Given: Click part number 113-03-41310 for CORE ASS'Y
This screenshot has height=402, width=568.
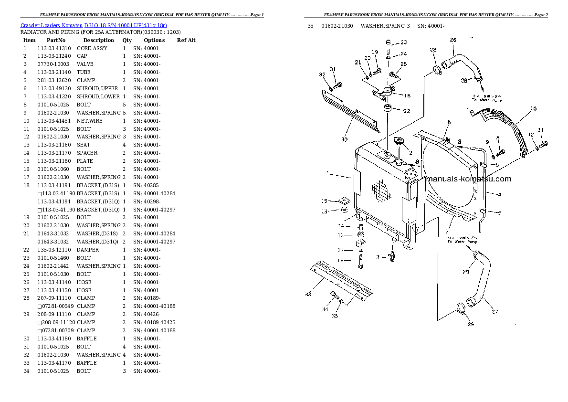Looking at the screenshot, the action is tap(54, 48).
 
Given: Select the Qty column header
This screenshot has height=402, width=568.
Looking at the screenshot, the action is tap(127, 40).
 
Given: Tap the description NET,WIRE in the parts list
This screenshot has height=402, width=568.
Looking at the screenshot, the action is tap(90, 121).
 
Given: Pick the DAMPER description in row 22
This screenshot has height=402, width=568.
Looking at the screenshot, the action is tap(88, 250).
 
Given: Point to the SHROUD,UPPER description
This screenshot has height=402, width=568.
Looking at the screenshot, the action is tap(97, 88).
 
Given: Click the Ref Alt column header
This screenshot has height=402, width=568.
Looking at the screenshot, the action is tap(186, 40).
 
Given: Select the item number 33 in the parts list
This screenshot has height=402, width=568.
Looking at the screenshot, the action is tap(26, 363).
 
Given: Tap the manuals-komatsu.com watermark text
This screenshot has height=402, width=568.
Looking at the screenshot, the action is tap(468, 179).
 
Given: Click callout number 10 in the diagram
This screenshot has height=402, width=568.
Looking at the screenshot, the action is tap(533, 109).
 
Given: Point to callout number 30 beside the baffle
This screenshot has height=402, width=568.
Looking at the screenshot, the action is tap(344, 140).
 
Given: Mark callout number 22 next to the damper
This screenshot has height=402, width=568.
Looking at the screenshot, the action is tap(407, 111).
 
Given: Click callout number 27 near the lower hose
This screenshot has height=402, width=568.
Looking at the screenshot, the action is tap(494, 312).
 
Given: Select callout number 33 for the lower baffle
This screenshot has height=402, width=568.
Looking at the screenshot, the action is tap(308, 294).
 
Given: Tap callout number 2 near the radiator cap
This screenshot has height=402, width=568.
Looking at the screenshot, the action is tap(410, 153).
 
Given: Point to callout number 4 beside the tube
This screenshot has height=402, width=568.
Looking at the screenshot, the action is tap(499, 194).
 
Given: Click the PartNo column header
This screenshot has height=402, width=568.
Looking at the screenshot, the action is tap(56, 40).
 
